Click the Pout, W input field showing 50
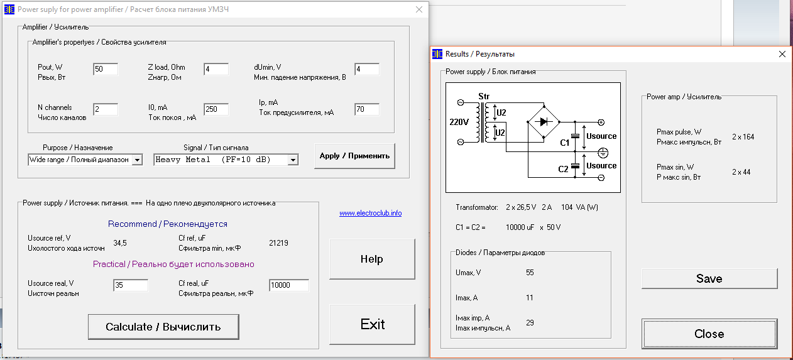(106, 69)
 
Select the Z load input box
(216, 69)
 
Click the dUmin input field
(367, 69)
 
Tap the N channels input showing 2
(106, 109)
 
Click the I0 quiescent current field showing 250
(216, 109)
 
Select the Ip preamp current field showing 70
(367, 109)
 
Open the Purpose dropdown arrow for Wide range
(137, 160)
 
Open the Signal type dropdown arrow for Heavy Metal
(293, 160)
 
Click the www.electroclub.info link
(370, 213)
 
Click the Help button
(372, 259)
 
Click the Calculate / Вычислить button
(163, 327)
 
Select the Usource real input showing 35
(131, 285)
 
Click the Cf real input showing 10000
(289, 285)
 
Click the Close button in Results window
(709, 334)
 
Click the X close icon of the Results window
(782, 54)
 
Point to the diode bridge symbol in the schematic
(544, 122)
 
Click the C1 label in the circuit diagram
(565, 143)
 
